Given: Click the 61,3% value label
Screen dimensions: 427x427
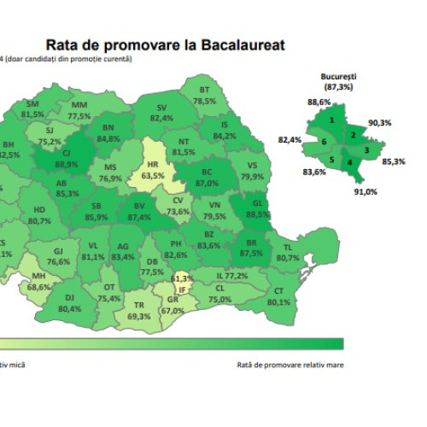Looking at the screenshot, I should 182,278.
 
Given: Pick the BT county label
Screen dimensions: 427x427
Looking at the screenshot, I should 204,90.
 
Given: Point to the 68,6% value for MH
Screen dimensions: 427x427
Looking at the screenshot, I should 38,288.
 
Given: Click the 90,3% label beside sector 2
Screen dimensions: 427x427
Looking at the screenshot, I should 380,123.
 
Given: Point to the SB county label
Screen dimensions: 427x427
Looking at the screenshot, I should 97,206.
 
